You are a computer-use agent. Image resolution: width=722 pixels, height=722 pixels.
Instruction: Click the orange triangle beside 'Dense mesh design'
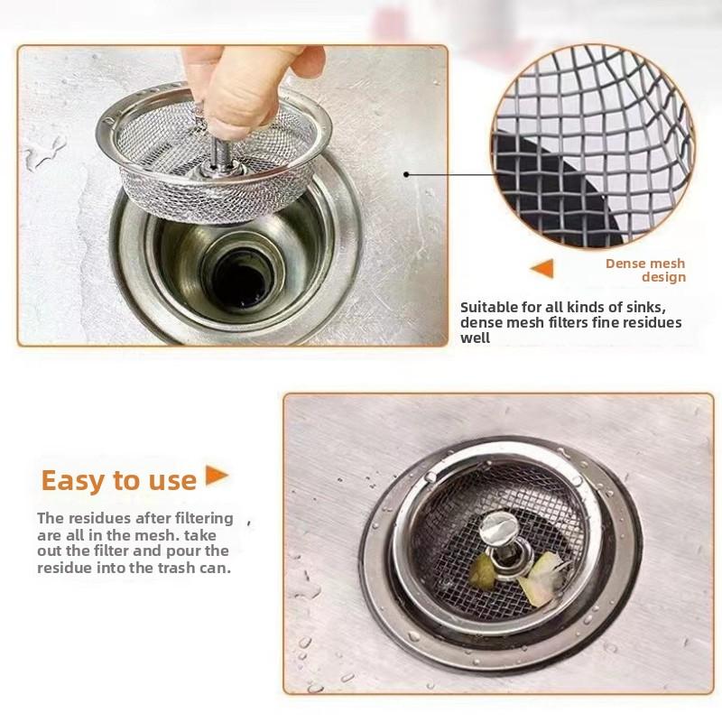coord(542,268)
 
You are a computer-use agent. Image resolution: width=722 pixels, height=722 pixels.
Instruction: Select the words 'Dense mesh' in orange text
coord(645,264)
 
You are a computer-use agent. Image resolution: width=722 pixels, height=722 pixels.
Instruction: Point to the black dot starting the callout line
coord(406,174)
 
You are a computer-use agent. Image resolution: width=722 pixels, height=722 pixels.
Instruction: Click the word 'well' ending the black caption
coord(476,338)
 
